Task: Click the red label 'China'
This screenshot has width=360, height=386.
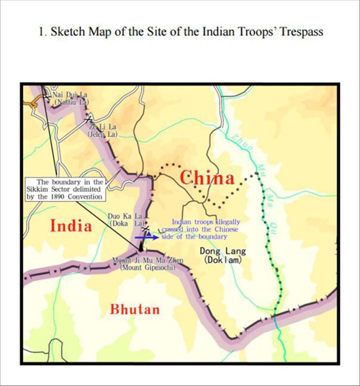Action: (207, 178)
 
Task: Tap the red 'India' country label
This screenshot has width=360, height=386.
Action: (71, 225)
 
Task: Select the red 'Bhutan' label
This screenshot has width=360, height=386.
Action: (135, 310)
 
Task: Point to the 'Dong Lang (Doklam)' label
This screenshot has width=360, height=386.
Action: (221, 254)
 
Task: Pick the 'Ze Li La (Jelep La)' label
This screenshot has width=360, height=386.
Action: (103, 129)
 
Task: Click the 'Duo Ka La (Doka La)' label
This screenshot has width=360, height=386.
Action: (120, 219)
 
